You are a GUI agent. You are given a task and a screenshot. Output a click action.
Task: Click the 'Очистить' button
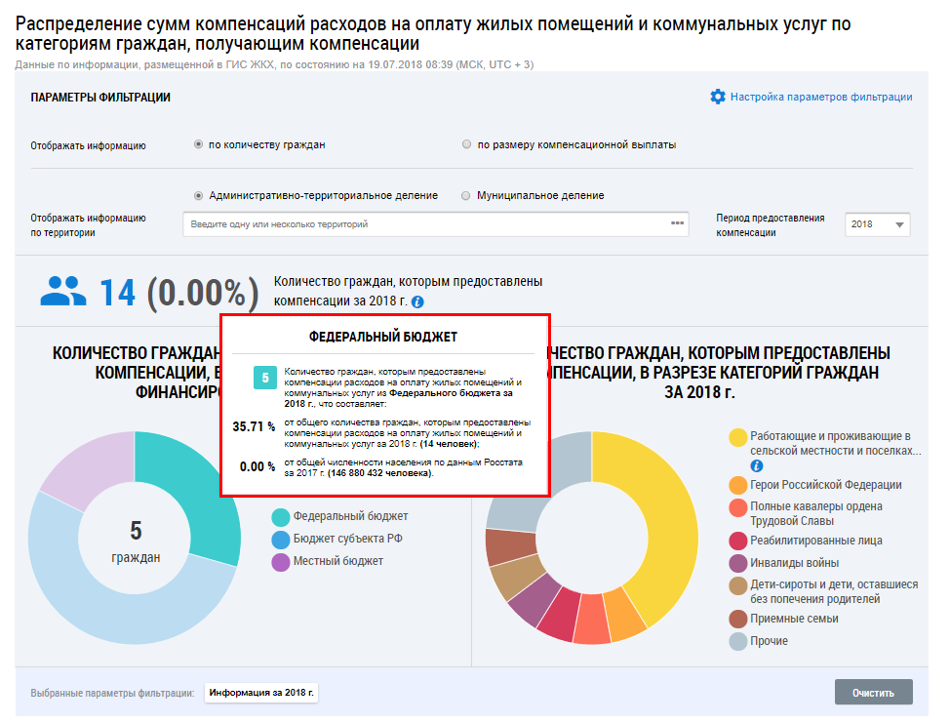[873, 693]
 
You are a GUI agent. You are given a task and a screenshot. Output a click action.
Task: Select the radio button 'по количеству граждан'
[199, 144]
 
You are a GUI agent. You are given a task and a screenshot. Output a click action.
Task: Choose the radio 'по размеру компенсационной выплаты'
[467, 144]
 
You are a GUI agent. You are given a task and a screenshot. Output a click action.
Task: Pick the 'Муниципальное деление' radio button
[466, 195]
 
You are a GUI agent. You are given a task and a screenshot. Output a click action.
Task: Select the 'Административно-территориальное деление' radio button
[199, 195]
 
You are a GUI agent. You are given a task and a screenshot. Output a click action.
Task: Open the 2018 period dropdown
[877, 224]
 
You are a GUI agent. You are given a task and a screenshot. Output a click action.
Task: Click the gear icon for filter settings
[718, 97]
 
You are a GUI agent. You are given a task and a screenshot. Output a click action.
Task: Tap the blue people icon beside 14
[63, 290]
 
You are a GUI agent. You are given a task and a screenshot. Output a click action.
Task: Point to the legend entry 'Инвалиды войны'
[793, 563]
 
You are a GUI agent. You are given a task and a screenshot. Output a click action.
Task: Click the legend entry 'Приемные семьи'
[793, 619]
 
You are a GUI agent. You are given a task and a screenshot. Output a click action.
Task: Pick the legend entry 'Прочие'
[769, 641]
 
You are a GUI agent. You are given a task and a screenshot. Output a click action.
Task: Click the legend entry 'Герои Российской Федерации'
[824, 485]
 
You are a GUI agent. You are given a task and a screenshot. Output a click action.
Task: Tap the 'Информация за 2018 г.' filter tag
[263, 693]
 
